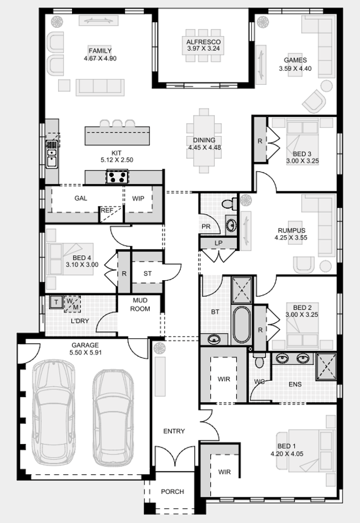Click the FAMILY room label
point(100,51)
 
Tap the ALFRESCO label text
point(203,42)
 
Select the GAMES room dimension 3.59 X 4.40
point(295,69)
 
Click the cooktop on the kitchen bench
point(117,176)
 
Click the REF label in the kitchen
point(106,211)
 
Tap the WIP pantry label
point(138,199)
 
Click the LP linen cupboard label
point(218,243)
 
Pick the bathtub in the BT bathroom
point(241,325)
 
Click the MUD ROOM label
point(141,305)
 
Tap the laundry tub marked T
point(56,302)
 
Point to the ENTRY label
point(174,431)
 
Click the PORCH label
point(172,492)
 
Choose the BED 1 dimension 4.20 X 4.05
point(287,454)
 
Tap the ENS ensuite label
point(294,385)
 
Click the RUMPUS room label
point(291,230)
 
